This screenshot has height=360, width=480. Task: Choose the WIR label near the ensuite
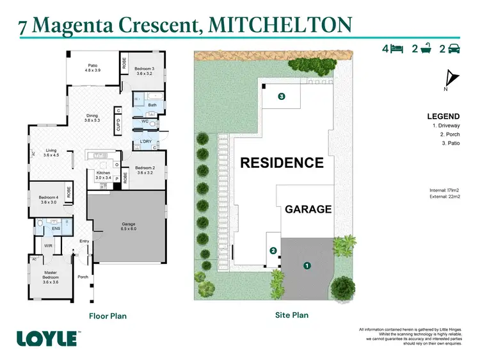48,245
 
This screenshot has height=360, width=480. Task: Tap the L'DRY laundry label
145,142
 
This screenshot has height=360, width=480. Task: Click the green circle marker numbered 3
281,97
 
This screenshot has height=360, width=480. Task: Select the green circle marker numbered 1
307,265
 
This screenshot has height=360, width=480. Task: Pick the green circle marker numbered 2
273,250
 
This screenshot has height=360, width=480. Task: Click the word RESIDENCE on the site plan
282,163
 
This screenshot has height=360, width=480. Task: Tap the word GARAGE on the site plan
308,209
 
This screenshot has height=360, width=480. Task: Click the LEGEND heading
443,117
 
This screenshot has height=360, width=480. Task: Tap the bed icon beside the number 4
396,49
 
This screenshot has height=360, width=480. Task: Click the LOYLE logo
47,338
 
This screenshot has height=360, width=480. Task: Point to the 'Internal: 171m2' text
445,190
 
